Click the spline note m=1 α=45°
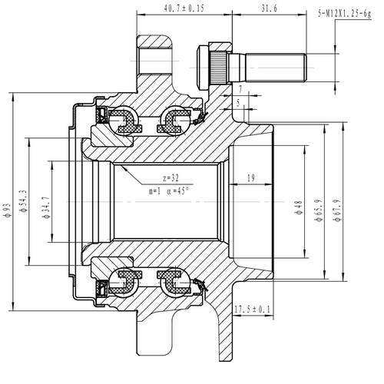170,190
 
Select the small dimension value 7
239,90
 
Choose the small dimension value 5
239,101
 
